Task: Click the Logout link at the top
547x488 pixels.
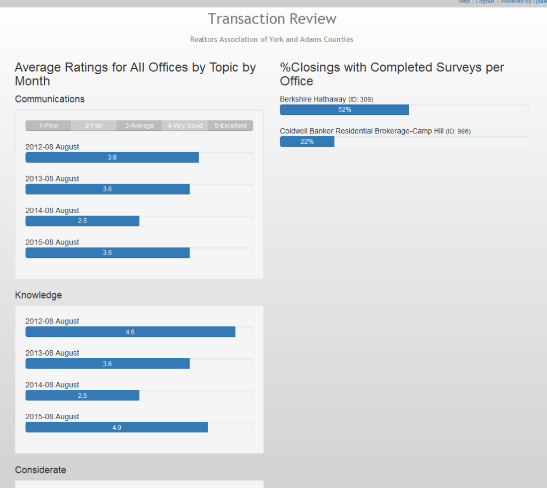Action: tap(485, 2)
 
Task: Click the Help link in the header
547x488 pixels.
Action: tap(464, 2)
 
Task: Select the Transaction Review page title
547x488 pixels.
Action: tap(272, 19)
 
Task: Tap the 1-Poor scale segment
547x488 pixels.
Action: tap(48, 125)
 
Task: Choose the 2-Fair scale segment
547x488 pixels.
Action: tap(93, 125)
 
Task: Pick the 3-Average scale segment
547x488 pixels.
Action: tap(139, 125)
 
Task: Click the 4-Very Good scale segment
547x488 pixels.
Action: tap(185, 125)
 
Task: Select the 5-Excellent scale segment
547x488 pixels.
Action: tap(231, 125)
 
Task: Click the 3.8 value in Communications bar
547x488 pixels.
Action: tap(112, 158)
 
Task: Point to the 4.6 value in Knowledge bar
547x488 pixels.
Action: tap(130, 332)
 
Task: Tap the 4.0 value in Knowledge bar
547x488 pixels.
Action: tap(116, 427)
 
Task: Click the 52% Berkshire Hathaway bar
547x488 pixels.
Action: tap(345, 109)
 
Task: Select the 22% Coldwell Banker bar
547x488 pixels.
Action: tap(307, 141)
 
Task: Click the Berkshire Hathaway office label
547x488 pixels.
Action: tap(313, 99)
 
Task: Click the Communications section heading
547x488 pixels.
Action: tap(50, 99)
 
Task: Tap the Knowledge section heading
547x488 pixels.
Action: tap(38, 295)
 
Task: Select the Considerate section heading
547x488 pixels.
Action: tap(41, 470)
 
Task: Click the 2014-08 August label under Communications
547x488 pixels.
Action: tap(52, 210)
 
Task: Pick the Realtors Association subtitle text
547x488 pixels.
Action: tap(272, 40)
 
